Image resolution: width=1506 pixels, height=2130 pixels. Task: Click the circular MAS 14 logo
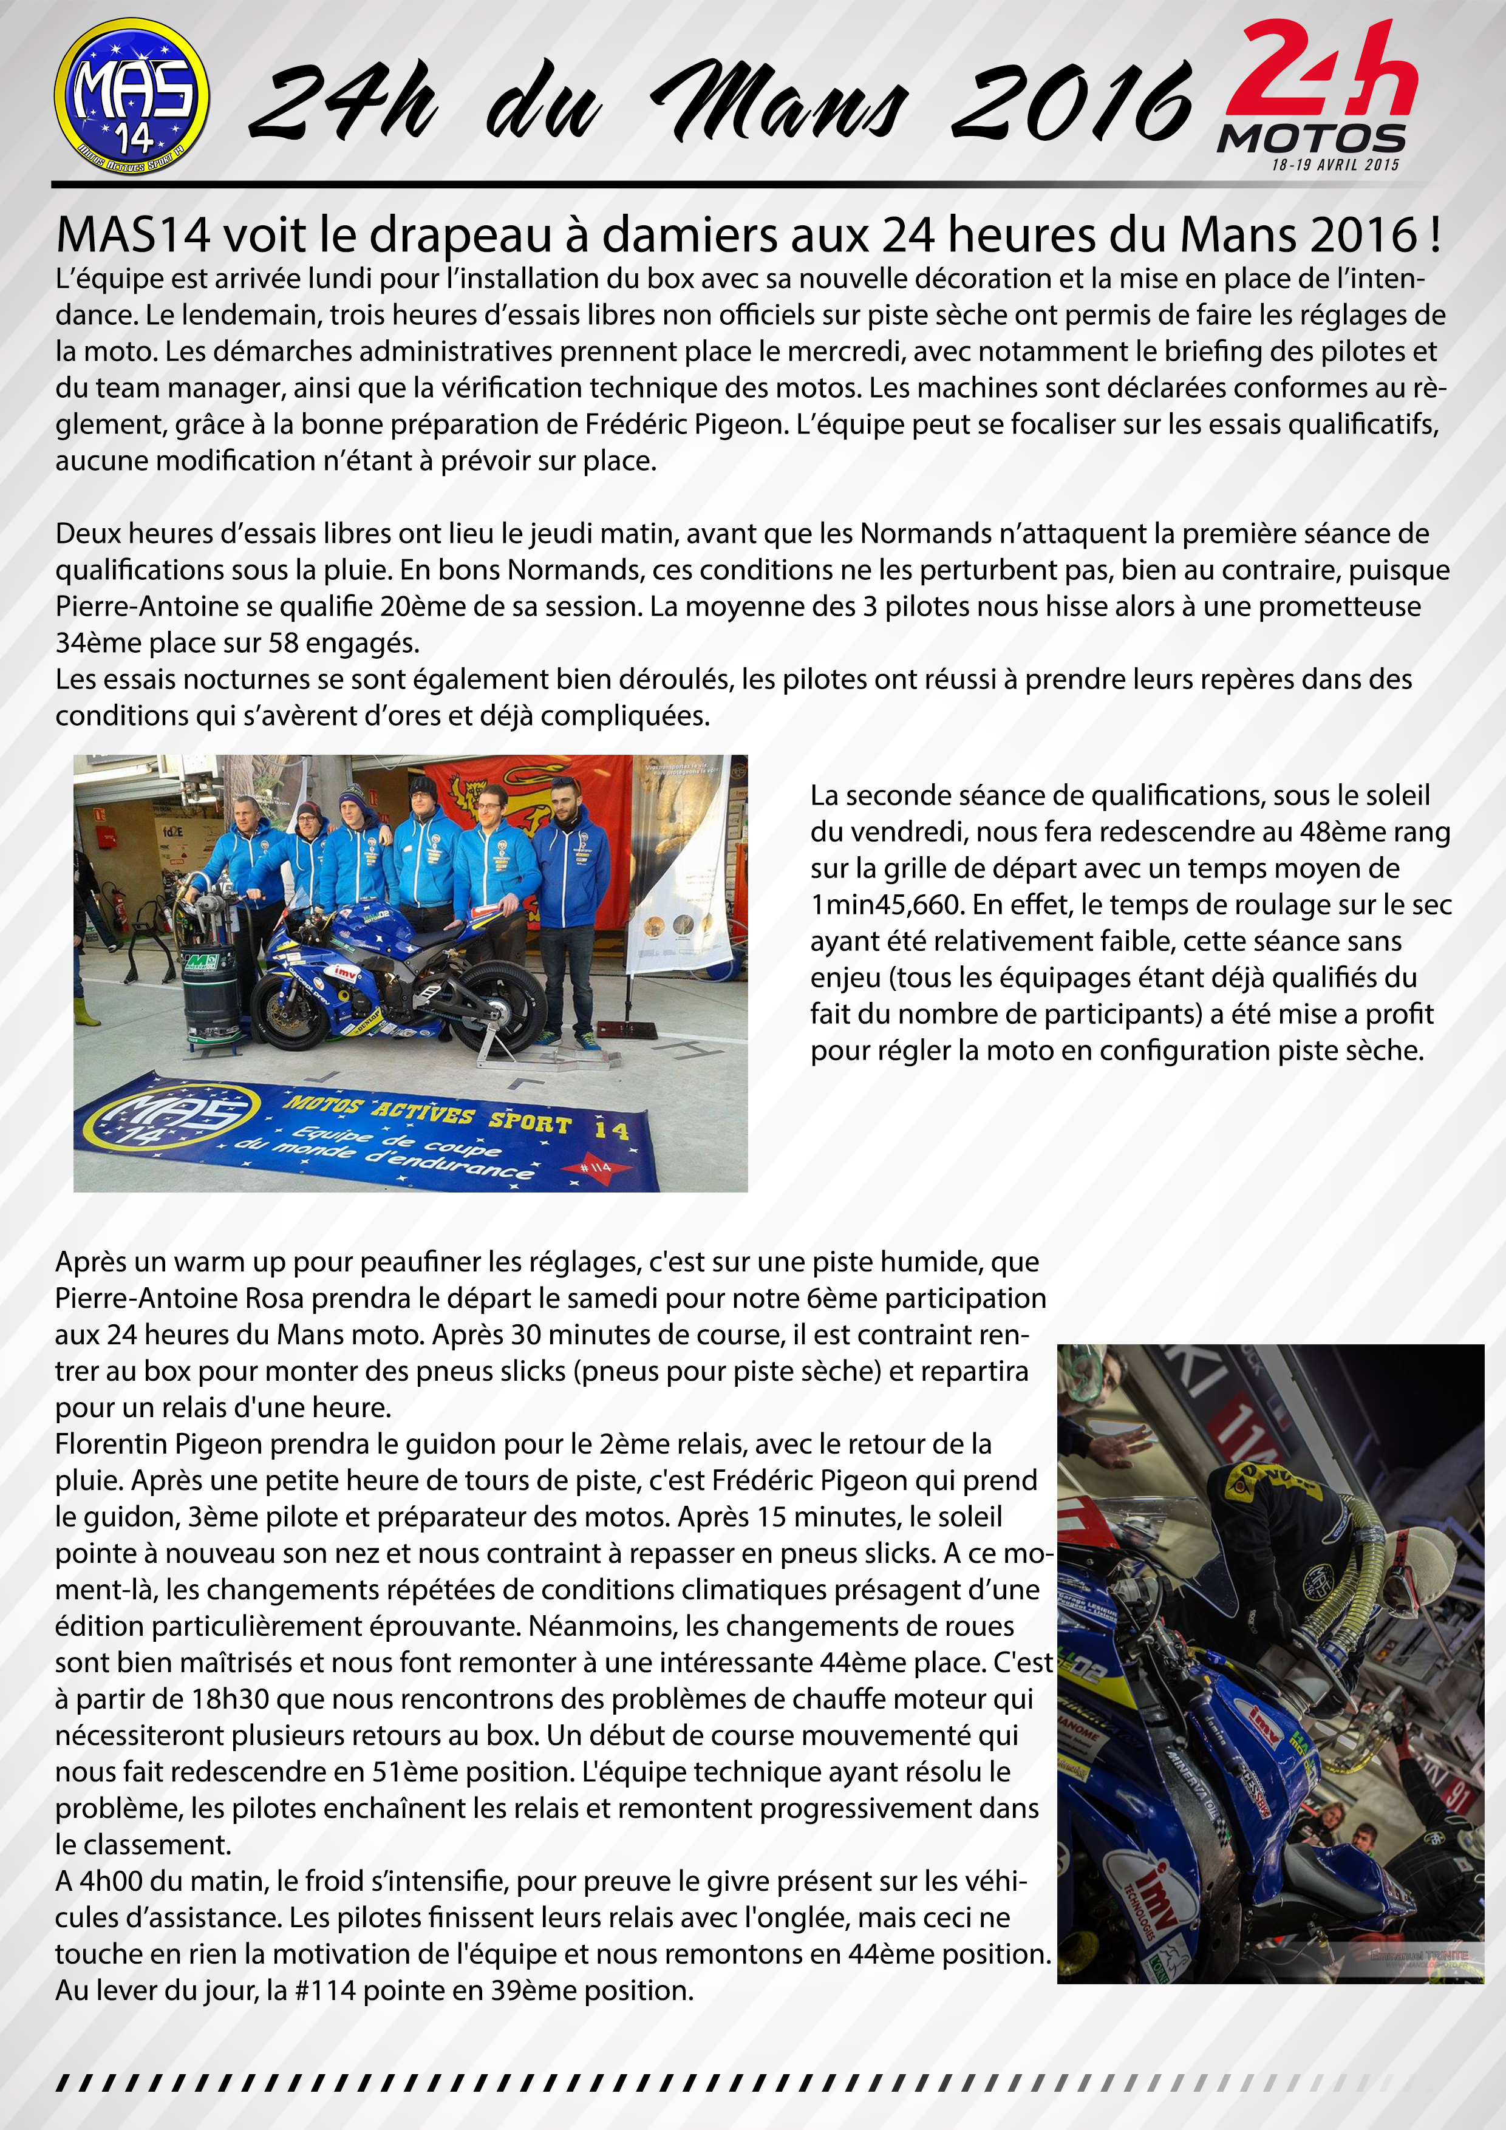coord(132,97)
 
